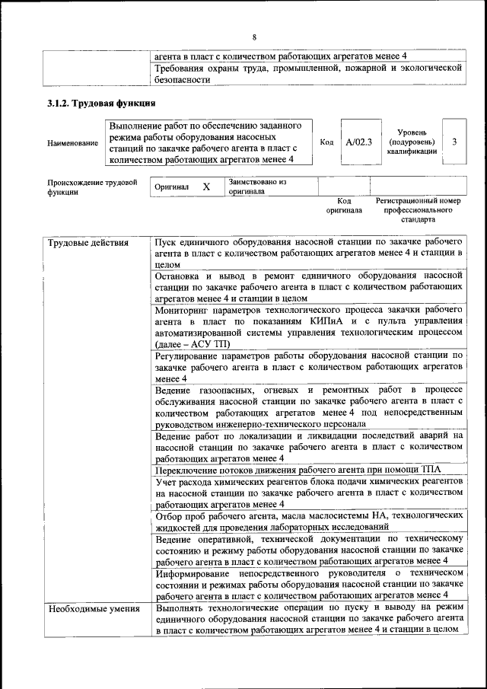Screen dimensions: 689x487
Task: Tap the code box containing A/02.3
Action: (358, 142)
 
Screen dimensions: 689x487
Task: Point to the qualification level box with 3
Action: (454, 141)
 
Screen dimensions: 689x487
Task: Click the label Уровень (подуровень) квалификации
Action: (412, 142)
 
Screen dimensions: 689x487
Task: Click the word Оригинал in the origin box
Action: (171, 187)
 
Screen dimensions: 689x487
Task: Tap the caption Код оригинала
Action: (344, 205)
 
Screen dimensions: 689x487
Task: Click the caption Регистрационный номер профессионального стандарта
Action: (419, 209)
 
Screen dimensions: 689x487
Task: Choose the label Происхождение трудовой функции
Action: (91, 187)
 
